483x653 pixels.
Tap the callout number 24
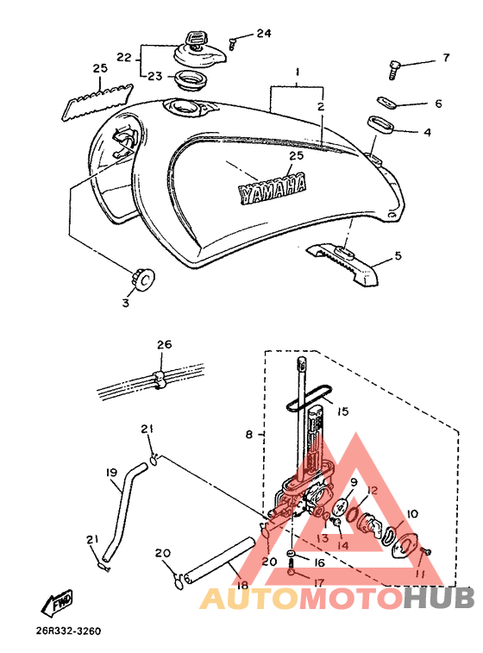[264, 33]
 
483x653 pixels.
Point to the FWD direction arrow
[57, 603]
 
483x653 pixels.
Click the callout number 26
[164, 345]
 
